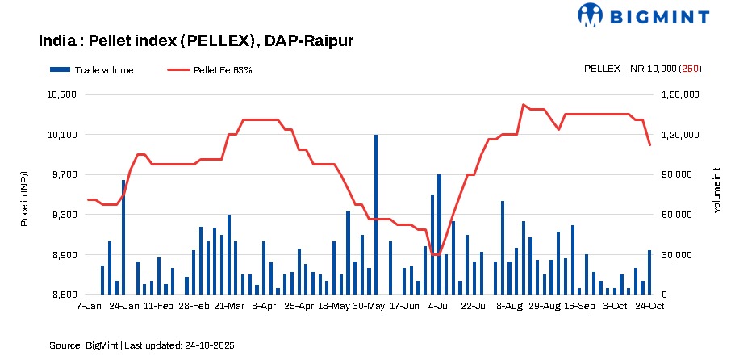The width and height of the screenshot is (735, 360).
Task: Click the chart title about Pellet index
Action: (x=196, y=40)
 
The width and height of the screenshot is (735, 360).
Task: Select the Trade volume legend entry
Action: (x=92, y=70)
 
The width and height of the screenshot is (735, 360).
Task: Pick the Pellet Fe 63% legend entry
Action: (x=211, y=70)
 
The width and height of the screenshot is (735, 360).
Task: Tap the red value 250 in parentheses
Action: (x=690, y=69)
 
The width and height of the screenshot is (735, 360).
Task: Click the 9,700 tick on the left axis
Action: (x=64, y=174)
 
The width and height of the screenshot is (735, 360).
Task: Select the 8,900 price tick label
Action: (x=64, y=255)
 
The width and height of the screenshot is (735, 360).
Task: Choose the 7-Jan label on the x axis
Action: (x=89, y=307)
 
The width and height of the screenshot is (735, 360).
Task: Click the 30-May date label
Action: (x=370, y=307)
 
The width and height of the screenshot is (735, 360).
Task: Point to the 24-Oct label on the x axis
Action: (x=649, y=307)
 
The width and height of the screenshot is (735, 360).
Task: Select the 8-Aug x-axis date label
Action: (x=510, y=307)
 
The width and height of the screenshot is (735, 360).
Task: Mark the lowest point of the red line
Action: (x=436, y=255)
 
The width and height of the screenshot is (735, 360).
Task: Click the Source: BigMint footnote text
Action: (x=142, y=345)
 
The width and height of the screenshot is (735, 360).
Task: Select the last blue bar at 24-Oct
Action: (x=649, y=273)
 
